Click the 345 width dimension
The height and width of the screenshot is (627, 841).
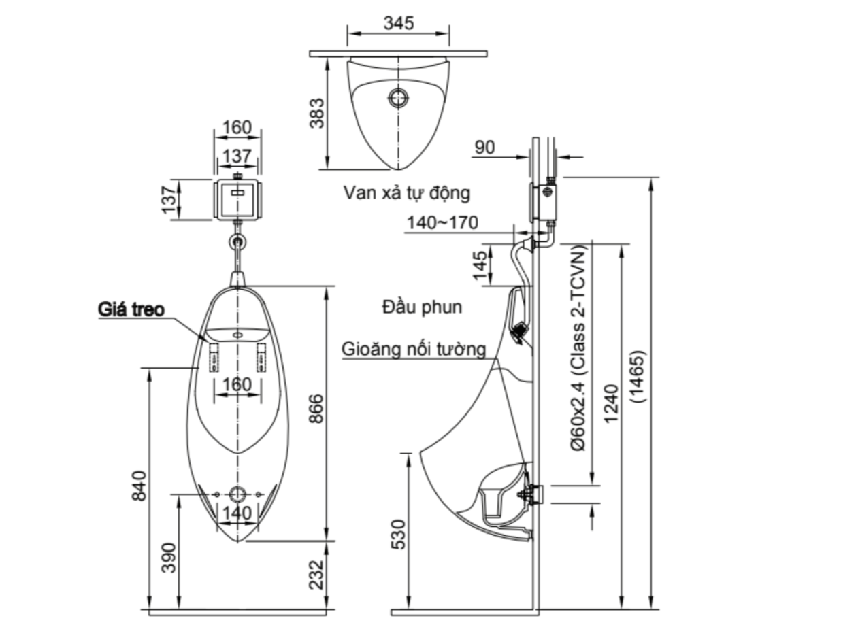pyautogui.click(x=398, y=22)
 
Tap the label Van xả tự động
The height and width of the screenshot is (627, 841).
pyautogui.click(x=406, y=193)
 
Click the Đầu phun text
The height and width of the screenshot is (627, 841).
pyautogui.click(x=422, y=307)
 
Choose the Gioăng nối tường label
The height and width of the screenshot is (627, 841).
pyautogui.click(x=414, y=350)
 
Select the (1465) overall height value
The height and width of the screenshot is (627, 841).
pyautogui.click(x=640, y=378)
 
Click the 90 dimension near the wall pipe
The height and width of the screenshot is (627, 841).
pyautogui.click(x=486, y=148)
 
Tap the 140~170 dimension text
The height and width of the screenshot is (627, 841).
pyautogui.click(x=442, y=223)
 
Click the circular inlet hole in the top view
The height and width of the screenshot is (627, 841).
pyautogui.click(x=397, y=98)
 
